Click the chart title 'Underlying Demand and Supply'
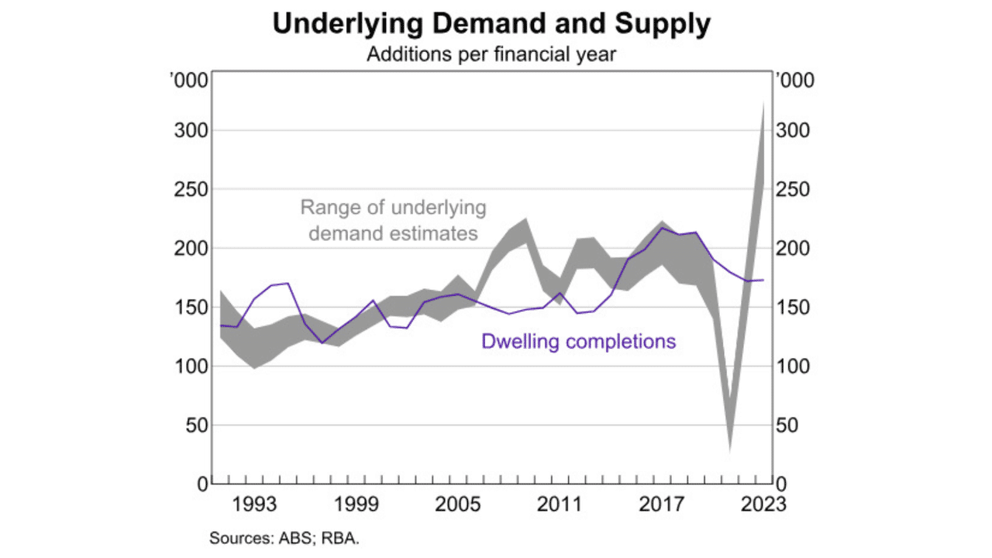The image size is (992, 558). coord(491,25)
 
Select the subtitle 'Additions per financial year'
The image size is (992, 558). coord(491,55)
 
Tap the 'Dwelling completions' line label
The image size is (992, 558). coord(578,341)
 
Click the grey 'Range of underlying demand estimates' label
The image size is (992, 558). coord(393,220)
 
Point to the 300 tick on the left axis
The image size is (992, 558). coord(191,131)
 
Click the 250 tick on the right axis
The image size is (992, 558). coord(793,190)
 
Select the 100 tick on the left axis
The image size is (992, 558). coord(191,367)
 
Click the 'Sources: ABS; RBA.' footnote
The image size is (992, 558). coord(284,537)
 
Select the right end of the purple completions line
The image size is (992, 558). coord(764,280)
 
